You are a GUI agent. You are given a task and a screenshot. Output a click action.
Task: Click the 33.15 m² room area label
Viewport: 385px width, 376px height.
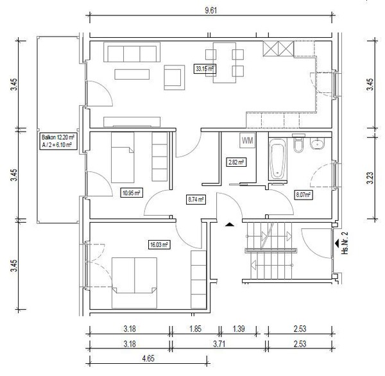tap(205, 69)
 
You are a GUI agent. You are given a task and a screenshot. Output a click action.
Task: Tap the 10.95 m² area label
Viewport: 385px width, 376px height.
tap(132, 193)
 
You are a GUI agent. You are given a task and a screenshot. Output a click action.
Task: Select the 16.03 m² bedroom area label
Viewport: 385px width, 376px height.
tap(159, 245)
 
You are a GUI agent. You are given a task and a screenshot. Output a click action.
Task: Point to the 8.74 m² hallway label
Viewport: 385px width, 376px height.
tap(196, 200)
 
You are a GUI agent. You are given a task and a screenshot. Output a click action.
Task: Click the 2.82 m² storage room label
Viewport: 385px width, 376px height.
tap(236, 162)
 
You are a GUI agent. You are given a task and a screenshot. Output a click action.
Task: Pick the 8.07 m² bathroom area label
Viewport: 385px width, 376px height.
tap(304, 195)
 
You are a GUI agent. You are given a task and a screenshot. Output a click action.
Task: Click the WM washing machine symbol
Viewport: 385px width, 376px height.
tap(248, 141)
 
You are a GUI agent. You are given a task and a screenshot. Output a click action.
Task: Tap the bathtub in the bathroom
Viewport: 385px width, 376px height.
tap(278, 159)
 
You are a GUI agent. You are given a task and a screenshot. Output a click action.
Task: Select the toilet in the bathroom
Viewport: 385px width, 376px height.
tap(298, 143)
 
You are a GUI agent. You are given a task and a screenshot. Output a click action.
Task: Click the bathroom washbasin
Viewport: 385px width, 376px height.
tap(317, 144)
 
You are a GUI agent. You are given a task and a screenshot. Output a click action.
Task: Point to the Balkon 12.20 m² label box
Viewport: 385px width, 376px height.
tap(58, 141)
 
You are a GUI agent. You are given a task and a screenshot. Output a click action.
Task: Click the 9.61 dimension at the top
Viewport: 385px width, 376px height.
tap(211, 10)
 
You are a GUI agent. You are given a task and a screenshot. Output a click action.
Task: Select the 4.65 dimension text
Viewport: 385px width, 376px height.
tap(148, 359)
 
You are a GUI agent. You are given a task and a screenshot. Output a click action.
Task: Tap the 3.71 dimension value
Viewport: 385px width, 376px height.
tap(219, 344)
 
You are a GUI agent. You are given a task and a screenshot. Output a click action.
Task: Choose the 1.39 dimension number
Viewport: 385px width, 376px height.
tap(239, 329)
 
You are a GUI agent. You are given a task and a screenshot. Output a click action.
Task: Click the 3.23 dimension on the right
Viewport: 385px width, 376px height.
tap(370, 178)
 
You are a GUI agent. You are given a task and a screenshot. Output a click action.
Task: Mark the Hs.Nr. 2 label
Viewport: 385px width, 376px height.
tap(346, 243)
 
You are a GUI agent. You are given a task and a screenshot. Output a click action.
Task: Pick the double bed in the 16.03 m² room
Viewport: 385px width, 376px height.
tap(134, 283)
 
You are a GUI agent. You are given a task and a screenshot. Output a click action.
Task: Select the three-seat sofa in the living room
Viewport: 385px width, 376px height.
tap(132, 52)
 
